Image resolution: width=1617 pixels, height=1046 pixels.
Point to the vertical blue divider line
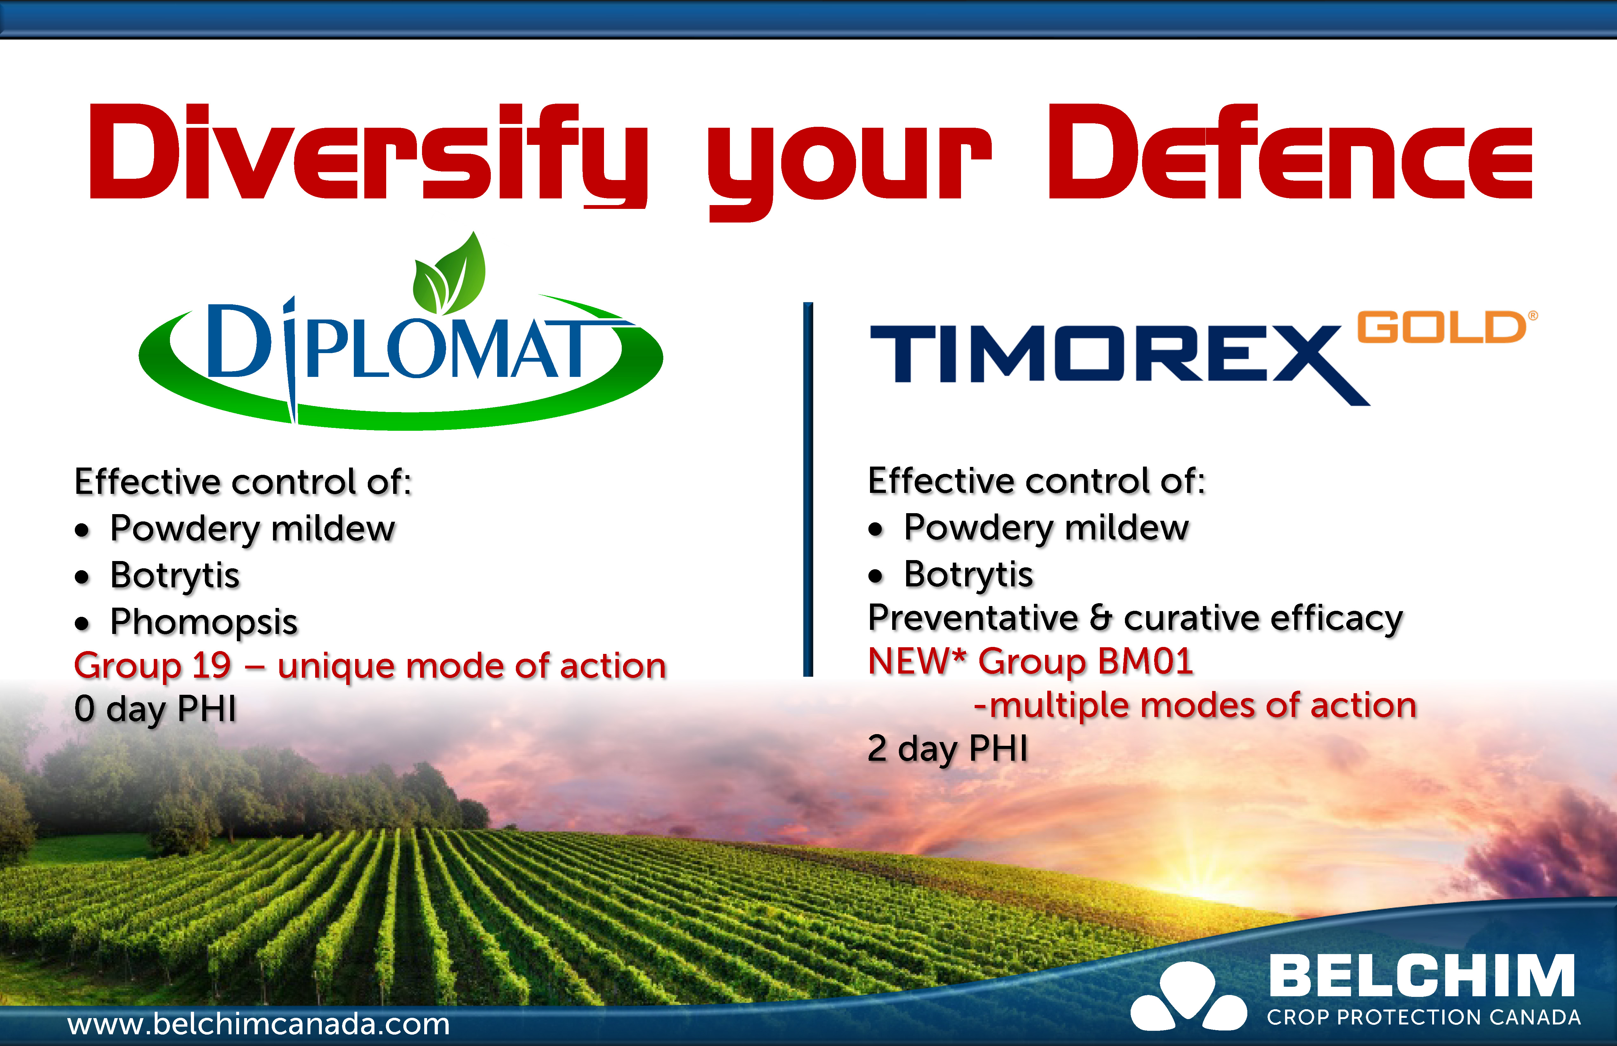point(808,489)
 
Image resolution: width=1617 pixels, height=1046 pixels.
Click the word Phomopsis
point(204,622)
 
